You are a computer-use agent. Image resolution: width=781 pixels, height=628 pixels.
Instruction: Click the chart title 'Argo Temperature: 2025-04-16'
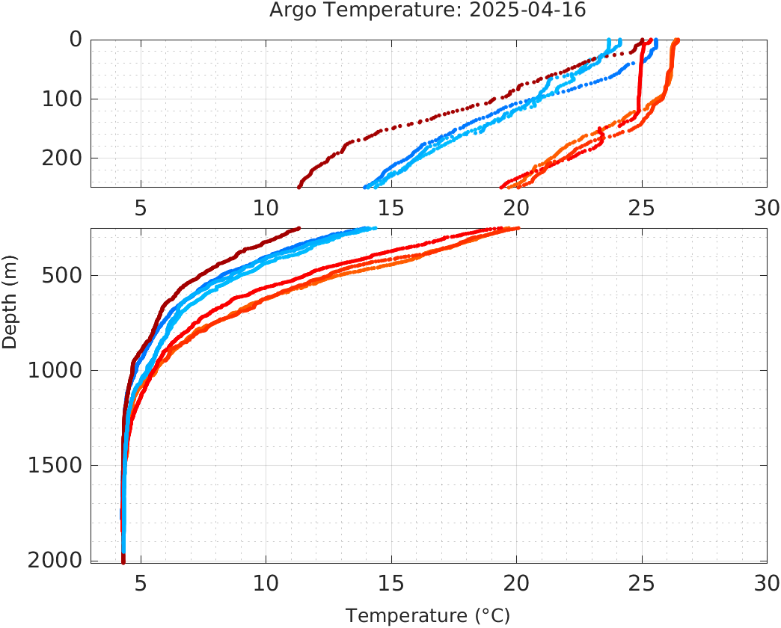(x=429, y=10)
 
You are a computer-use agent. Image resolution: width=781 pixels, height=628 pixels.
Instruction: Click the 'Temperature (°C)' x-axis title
(x=428, y=616)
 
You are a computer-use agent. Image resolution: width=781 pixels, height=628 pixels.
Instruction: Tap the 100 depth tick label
(x=60, y=99)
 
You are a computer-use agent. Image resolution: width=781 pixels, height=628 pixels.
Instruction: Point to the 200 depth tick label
(x=60, y=158)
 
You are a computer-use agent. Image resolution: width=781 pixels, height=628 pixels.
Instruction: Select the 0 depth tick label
(x=76, y=40)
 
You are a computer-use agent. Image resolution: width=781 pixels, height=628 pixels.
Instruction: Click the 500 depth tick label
(x=60, y=275)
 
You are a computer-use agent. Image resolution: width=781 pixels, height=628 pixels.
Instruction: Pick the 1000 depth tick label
(x=54, y=370)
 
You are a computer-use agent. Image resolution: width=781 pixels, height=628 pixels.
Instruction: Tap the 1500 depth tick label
(x=54, y=465)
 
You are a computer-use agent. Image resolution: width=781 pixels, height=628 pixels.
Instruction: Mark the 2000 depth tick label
(x=54, y=560)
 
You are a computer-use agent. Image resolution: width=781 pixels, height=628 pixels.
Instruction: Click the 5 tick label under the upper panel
(x=141, y=208)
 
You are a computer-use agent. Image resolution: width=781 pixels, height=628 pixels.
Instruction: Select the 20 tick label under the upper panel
(x=516, y=208)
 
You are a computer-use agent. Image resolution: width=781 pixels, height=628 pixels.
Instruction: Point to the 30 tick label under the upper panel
(x=766, y=208)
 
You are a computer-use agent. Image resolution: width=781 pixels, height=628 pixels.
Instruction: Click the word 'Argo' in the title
(x=292, y=10)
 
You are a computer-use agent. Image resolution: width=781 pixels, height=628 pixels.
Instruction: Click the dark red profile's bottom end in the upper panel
(x=299, y=186)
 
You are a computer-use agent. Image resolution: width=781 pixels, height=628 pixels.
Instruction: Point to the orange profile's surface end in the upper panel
(x=676, y=40)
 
